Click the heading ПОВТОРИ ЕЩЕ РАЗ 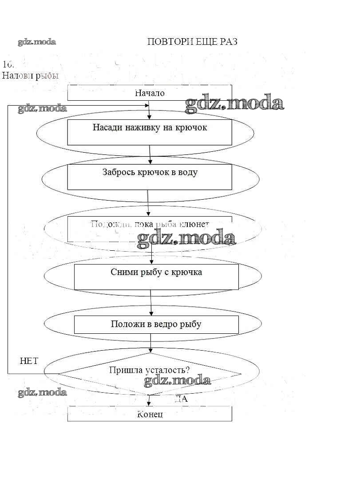pos(192,42)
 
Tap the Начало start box pos(150,93)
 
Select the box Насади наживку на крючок pos(150,132)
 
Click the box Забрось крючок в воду pos(150,177)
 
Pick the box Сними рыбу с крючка pos(156,277)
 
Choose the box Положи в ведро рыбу pos(156,324)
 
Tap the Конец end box pos(150,414)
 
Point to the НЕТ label pos(29,361)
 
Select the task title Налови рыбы pos(30,75)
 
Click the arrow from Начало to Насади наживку pos(149,110)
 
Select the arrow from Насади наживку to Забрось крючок pos(150,154)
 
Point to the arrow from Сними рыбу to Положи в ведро pos(151,302)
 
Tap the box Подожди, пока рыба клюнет pos(150,229)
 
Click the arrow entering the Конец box pos(149,401)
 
